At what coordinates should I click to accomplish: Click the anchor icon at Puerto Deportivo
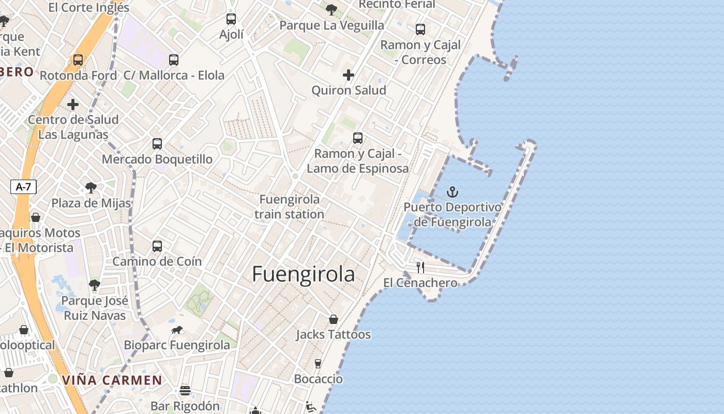452,193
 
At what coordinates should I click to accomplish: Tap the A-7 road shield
23,187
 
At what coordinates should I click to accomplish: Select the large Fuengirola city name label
304,275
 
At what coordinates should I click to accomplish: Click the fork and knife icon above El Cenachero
420,268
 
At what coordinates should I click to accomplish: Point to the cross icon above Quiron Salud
349,76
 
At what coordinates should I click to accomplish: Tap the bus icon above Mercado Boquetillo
157,144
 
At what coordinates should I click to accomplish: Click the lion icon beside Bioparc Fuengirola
177,330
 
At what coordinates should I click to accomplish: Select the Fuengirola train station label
290,206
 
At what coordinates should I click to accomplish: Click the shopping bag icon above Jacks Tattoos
334,319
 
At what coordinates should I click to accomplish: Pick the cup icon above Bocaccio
318,364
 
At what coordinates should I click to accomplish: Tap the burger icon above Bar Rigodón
185,391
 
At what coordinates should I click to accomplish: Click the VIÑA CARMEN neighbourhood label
112,380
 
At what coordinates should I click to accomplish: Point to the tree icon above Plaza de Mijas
91,187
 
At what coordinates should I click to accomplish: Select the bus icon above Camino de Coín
157,246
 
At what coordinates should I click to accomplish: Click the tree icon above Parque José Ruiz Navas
94,285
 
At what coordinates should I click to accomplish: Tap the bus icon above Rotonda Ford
78,60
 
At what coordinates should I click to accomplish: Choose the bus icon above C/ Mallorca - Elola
174,60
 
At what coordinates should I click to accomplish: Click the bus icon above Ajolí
231,19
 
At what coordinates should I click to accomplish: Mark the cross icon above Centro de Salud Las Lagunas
73,105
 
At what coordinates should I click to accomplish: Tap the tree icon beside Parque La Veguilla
331,9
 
